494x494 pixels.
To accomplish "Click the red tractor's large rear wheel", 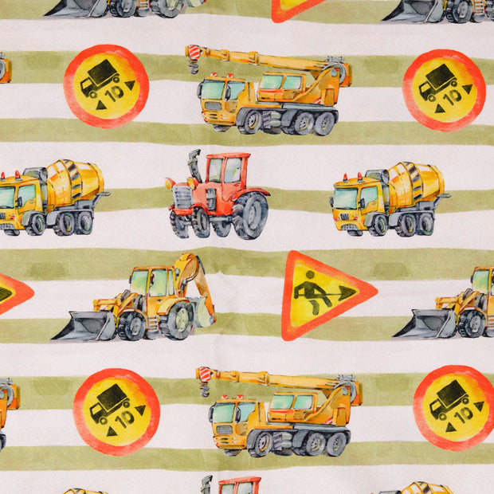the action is click(x=251, y=216).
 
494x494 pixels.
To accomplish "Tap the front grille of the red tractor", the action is click(x=182, y=197).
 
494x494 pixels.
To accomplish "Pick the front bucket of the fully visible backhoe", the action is click(x=84, y=326).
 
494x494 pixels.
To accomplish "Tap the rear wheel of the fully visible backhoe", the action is click(x=177, y=319).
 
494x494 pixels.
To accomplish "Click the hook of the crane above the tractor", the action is click(x=193, y=68).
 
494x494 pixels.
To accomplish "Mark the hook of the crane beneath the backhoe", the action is click(x=204, y=390).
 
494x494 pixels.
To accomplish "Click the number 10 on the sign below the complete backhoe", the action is click(x=125, y=419).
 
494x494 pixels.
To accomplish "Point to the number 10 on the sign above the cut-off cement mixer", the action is click(x=115, y=93).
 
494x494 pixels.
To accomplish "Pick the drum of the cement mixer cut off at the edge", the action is click(x=76, y=181).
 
